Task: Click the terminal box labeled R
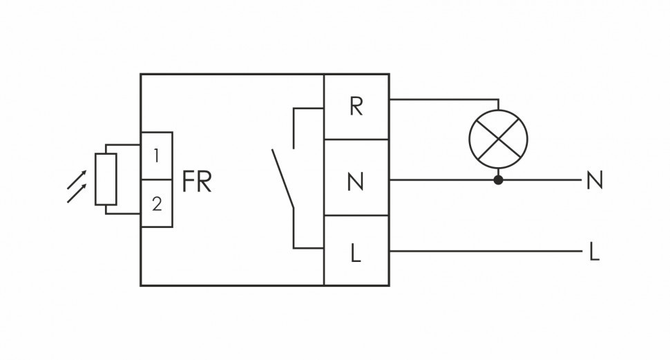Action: click(356, 107)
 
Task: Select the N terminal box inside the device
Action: click(356, 181)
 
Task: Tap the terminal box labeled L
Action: click(356, 253)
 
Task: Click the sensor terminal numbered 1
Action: click(157, 155)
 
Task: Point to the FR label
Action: click(197, 182)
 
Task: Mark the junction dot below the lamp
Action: click(498, 180)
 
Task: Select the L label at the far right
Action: click(593, 253)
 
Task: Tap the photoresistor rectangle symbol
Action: click(106, 180)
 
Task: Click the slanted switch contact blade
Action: click(283, 178)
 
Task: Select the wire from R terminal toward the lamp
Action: click(442, 100)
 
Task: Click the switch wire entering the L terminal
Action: click(307, 247)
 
